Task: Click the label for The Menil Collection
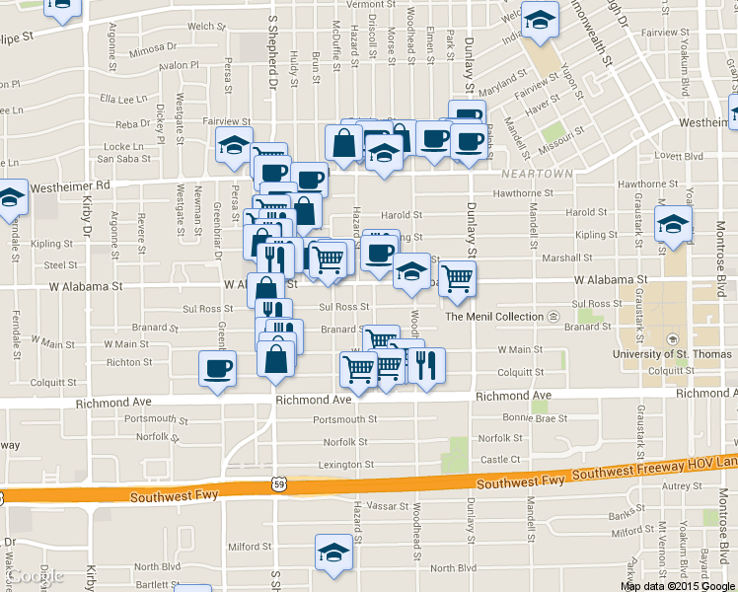point(494,317)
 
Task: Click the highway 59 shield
point(279,483)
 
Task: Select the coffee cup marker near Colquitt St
point(217,370)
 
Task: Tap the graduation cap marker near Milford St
point(333,554)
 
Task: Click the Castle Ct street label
point(499,460)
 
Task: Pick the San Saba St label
point(124,159)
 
